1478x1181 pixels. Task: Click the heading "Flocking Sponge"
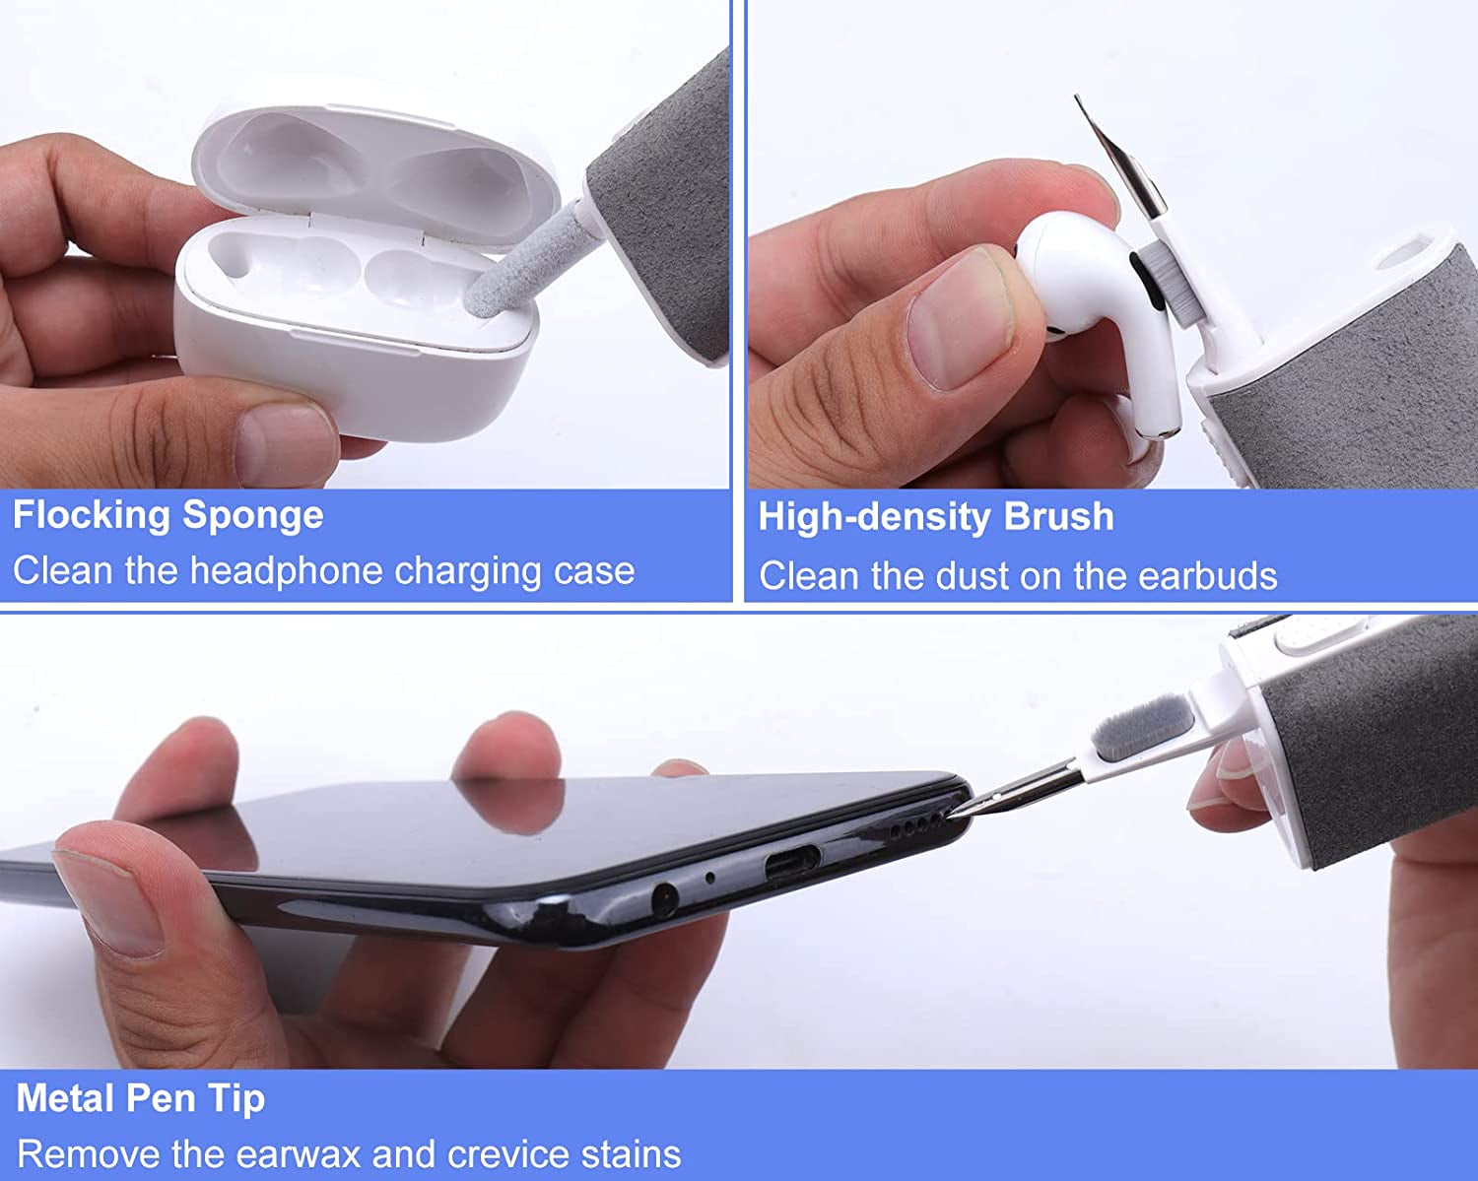pos(168,515)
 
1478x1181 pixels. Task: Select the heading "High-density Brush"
pos(935,517)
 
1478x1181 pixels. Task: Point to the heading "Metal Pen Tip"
pos(140,1098)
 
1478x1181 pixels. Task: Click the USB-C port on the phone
pos(790,866)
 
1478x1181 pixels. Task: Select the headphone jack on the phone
pos(663,897)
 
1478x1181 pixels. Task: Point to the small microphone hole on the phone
pos(709,877)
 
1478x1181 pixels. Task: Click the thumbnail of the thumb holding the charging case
pos(286,443)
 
